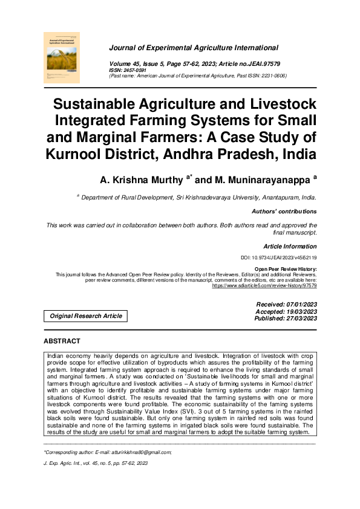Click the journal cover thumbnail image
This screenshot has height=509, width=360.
pyautogui.click(x=62, y=57)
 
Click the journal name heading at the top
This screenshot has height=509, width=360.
pyautogui.click(x=193, y=47)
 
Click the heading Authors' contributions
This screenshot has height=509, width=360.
pyautogui.click(x=284, y=212)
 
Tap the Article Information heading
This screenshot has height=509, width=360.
pyautogui.click(x=290, y=246)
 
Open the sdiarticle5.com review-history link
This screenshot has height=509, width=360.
pyautogui.click(x=264, y=284)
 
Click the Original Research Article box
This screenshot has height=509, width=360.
pyautogui.click(x=85, y=316)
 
